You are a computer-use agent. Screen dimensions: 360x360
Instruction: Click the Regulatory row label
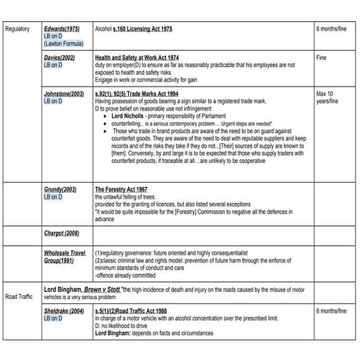coord(17,28)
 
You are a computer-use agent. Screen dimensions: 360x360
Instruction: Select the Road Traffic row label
coord(20,296)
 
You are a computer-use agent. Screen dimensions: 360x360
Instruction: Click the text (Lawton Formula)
coord(63,44)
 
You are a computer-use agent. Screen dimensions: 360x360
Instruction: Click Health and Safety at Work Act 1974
coord(138,57)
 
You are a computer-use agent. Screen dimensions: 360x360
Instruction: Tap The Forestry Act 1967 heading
coord(121,189)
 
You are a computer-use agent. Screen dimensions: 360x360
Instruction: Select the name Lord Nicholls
coord(129,116)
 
